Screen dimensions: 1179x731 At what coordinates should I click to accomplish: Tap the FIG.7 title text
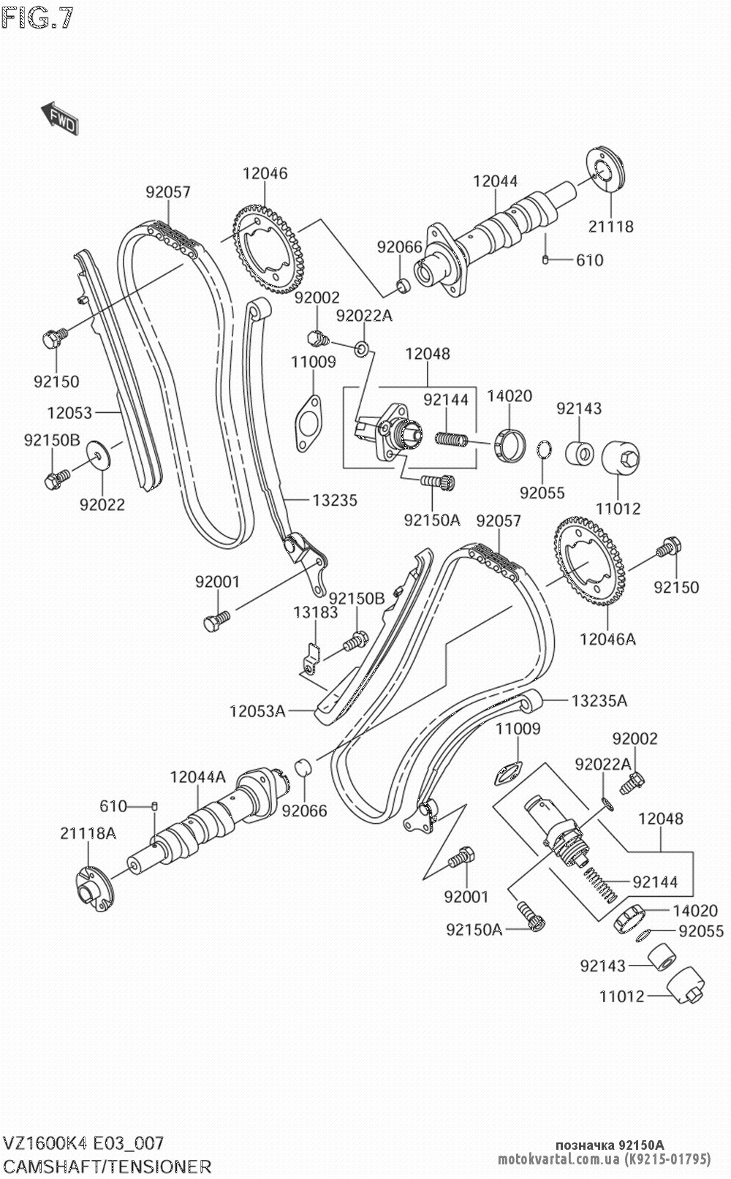(38, 18)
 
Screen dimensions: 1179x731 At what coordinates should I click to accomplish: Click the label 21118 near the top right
(610, 227)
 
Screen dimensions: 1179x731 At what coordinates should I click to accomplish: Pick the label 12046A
(607, 639)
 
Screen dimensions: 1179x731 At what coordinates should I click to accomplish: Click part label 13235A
(599, 701)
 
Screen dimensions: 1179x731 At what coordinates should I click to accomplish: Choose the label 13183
(316, 613)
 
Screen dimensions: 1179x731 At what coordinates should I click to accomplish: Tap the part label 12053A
(257, 710)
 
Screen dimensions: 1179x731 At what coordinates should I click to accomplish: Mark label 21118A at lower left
(88, 833)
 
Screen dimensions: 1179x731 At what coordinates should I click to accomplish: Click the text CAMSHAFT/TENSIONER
(108, 1167)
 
